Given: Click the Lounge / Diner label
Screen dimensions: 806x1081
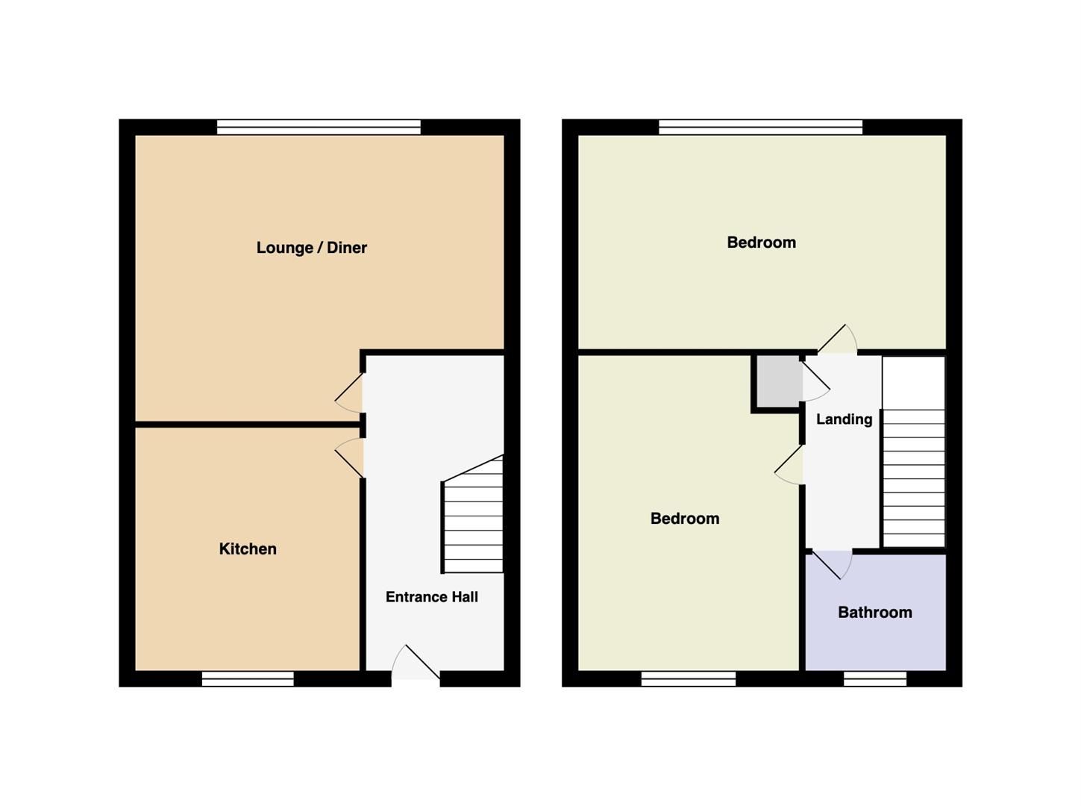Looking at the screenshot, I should pos(311,248).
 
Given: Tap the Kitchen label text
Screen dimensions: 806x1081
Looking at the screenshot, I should pos(248,549).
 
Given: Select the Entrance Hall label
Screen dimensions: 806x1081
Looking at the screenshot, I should pos(431,597).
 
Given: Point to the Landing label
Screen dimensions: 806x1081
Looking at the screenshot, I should pos(844,419).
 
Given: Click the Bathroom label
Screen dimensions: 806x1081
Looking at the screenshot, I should pos(874,613).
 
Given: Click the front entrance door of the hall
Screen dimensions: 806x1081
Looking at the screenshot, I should pos(416,663).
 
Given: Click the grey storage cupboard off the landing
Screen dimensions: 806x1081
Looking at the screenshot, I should pos(777,381).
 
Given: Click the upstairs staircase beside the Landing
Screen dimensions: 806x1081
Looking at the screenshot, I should pos(914,478).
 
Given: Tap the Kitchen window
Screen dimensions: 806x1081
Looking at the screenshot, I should pos(248,678).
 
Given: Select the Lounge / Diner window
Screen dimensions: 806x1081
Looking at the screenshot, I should pos(319,128).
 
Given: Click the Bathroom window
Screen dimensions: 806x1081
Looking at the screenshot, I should pos(874,678).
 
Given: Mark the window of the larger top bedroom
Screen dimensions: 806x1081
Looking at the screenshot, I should pos(760,128).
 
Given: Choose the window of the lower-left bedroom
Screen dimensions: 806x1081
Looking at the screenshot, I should pos(688,678).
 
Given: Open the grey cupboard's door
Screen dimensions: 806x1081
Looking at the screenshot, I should pos(815,381).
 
